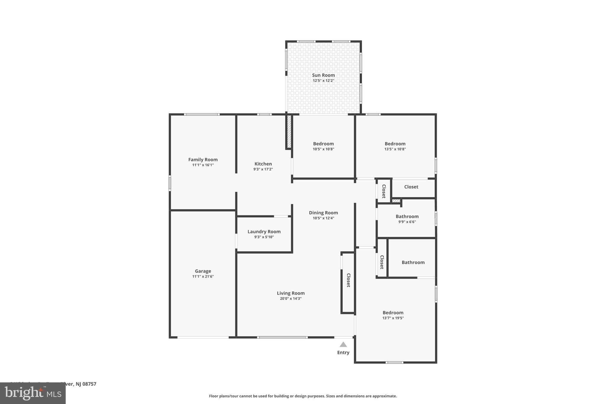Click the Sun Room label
click(323, 75)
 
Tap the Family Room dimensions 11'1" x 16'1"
click(203, 165)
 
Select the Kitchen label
click(263, 164)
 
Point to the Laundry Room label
click(264, 231)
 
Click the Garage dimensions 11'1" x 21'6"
click(203, 276)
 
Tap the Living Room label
click(291, 293)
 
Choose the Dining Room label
click(323, 213)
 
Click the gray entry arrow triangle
click(343, 345)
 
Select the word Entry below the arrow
click(343, 353)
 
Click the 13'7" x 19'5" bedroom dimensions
click(393, 318)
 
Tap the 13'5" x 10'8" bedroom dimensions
click(395, 149)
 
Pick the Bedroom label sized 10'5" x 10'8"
click(323, 144)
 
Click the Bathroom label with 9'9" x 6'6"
click(407, 216)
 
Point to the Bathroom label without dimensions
click(413, 262)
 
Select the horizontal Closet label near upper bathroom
click(411, 187)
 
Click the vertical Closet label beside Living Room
click(349, 280)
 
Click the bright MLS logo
click(33, 393)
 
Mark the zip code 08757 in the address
click(89, 384)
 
